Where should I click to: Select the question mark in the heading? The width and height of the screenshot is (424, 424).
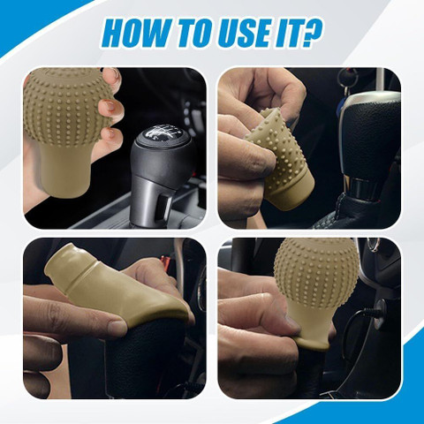pyautogui.click(x=312, y=34)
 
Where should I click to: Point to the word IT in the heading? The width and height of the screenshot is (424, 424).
pyautogui.click(x=291, y=34)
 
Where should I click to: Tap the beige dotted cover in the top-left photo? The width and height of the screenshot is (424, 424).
pyautogui.click(x=68, y=130)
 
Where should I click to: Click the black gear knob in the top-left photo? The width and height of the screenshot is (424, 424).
pyautogui.click(x=161, y=174)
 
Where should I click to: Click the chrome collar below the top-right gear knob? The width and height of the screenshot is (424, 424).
pyautogui.click(x=361, y=186)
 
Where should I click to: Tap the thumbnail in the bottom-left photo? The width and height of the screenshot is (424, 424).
pyautogui.click(x=117, y=326)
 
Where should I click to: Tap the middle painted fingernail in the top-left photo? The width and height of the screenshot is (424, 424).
pyautogui.click(x=110, y=105)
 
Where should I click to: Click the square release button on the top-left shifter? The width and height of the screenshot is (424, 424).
pyautogui.click(x=163, y=208)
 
